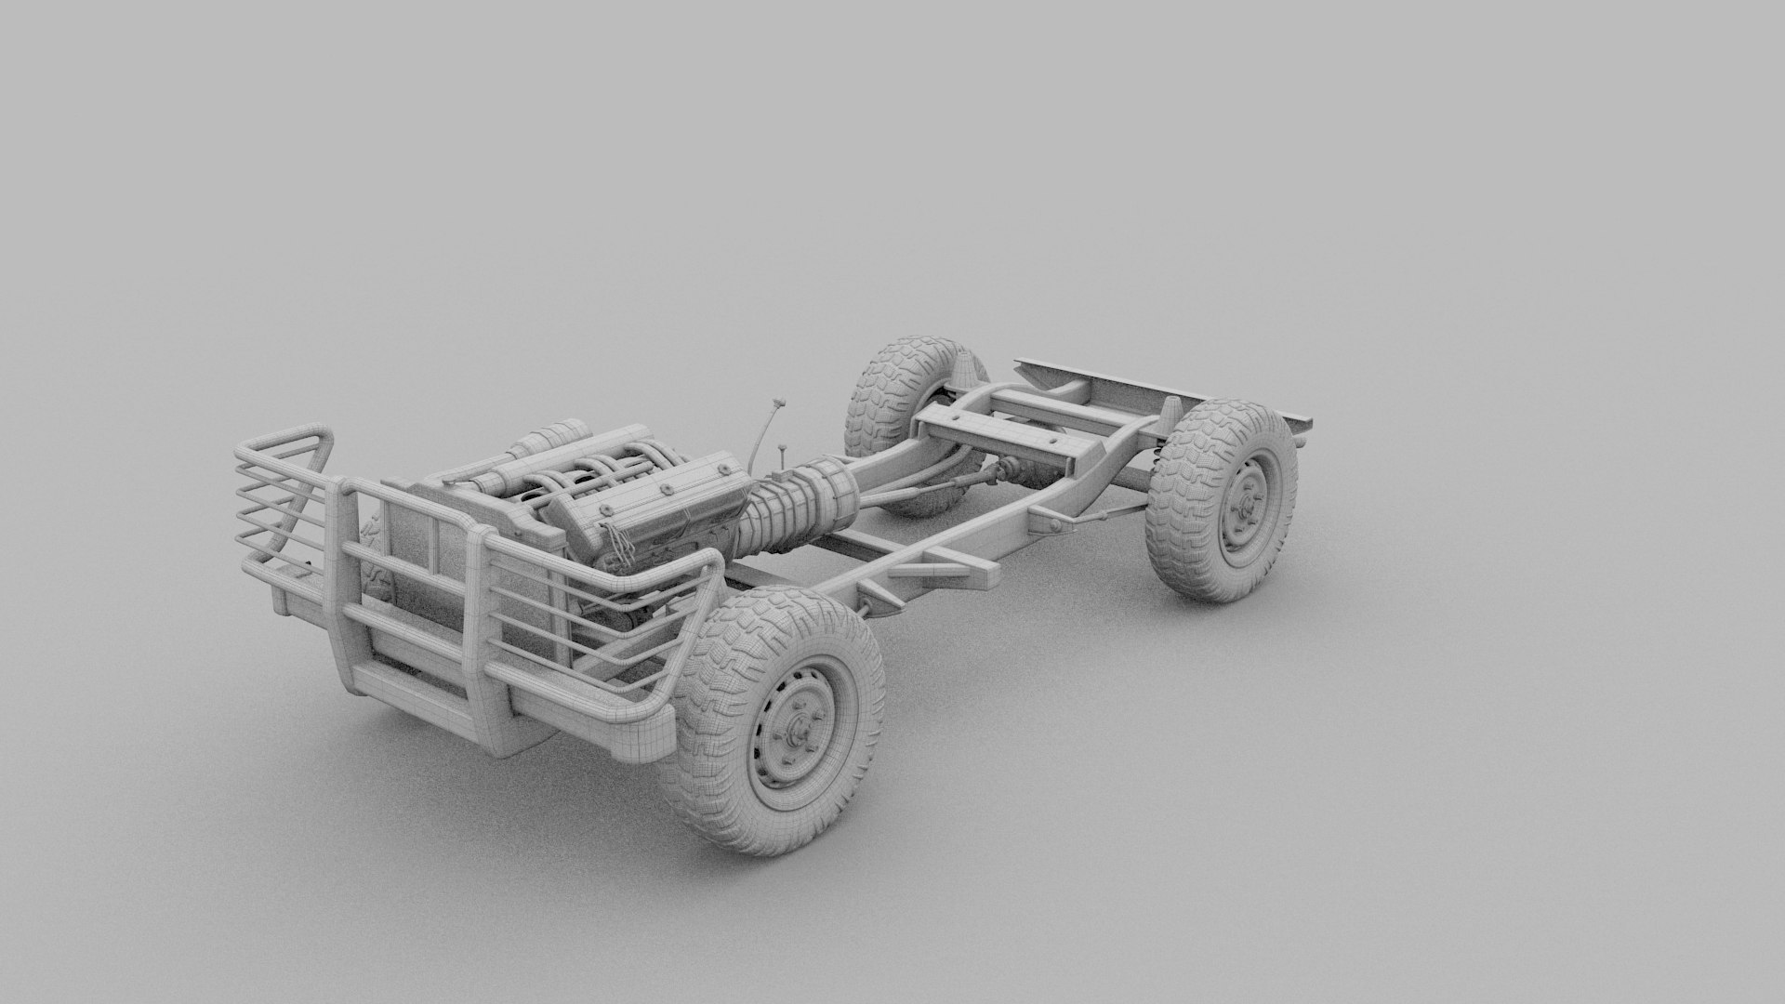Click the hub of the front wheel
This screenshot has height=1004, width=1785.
[797, 735]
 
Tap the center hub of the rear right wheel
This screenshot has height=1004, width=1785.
[1240, 516]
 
